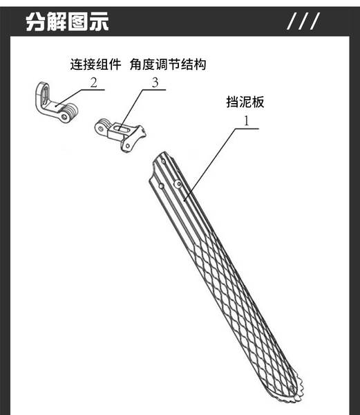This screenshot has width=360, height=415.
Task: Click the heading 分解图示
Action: click(x=67, y=21)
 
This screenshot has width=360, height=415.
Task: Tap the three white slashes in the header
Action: click(x=303, y=21)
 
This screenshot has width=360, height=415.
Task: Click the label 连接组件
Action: click(x=95, y=64)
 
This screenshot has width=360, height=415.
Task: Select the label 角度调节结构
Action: click(x=168, y=64)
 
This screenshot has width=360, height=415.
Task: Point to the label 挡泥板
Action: click(x=245, y=102)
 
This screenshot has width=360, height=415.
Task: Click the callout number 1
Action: click(x=247, y=121)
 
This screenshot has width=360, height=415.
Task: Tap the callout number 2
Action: click(x=93, y=82)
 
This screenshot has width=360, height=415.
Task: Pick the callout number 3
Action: click(x=155, y=82)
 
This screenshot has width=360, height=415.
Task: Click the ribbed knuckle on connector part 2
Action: click(x=71, y=111)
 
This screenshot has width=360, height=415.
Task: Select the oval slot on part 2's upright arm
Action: click(x=44, y=95)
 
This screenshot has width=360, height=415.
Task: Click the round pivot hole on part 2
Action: click(x=64, y=117)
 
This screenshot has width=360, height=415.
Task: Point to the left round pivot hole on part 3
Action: click(x=100, y=129)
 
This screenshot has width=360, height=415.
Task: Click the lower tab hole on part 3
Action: click(x=128, y=146)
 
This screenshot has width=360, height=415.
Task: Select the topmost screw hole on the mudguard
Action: click(x=163, y=160)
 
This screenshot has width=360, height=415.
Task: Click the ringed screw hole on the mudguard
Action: click(x=178, y=183)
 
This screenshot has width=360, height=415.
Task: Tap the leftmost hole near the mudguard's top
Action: click(x=161, y=186)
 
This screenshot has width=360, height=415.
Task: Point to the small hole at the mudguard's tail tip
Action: click(x=292, y=389)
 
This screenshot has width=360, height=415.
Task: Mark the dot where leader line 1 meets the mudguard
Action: click(x=184, y=201)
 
